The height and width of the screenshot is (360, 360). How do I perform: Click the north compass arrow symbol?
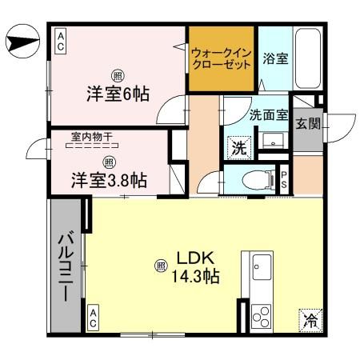[x=22, y=38]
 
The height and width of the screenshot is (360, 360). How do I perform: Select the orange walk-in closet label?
[x=222, y=57]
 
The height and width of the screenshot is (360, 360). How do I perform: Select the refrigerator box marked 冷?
[x=309, y=322]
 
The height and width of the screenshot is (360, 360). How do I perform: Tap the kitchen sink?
[x=262, y=265]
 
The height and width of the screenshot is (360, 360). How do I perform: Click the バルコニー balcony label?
[x=64, y=265]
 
